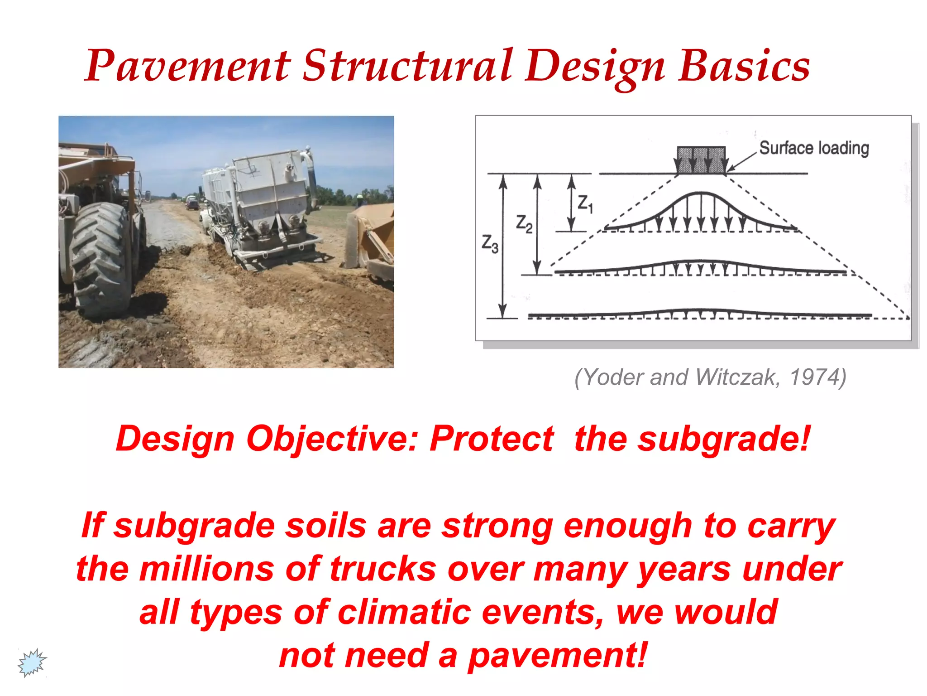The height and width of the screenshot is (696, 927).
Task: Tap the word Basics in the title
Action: [744, 67]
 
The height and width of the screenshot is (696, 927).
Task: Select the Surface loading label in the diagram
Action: [814, 148]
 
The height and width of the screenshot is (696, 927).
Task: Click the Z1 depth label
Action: [585, 203]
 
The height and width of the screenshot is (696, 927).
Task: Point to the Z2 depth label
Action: [524, 224]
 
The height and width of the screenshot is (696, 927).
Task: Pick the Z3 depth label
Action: [490, 244]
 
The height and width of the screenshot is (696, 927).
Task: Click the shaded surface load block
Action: [701, 159]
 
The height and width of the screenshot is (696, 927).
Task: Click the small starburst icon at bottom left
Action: [32, 662]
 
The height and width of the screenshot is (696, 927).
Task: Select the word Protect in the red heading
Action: [492, 439]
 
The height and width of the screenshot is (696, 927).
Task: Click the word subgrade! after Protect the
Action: [723, 439]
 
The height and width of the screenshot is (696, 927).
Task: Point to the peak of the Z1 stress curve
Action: [701, 193]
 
